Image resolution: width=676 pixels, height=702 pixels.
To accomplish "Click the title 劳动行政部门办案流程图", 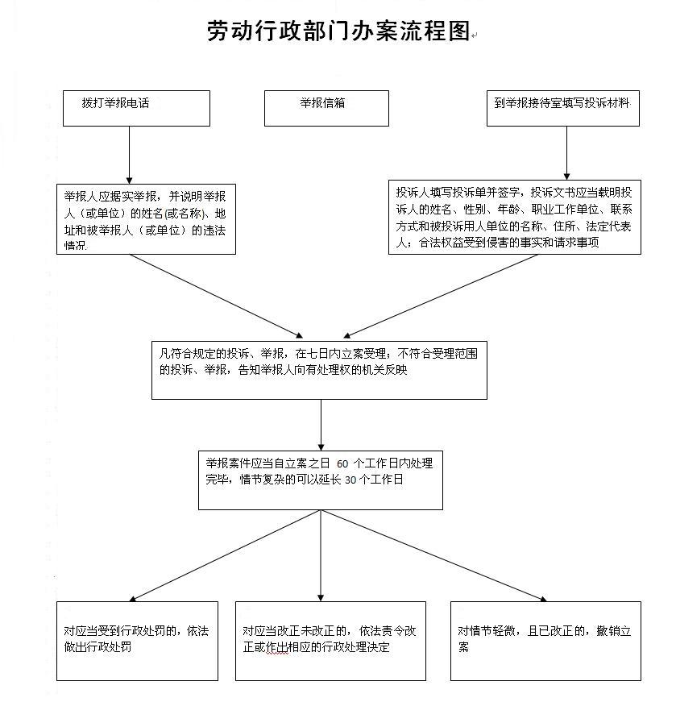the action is (x=338, y=31).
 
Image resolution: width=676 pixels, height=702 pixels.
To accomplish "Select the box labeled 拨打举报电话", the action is (x=136, y=108).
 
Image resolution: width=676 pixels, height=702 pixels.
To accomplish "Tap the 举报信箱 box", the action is (x=326, y=108).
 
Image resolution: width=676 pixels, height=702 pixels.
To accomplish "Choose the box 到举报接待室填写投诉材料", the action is (x=562, y=108).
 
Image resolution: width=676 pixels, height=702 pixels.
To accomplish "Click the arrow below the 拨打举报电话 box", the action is (x=130, y=155).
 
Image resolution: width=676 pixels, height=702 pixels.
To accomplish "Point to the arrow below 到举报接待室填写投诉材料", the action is (x=566, y=153).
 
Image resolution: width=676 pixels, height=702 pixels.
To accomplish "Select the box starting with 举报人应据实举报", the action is (x=146, y=219).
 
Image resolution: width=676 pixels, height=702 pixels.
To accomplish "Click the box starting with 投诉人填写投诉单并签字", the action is (x=514, y=217).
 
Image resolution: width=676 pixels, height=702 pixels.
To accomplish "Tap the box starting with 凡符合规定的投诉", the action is (x=319, y=370).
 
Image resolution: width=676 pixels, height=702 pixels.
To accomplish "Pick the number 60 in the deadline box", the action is (x=342, y=463).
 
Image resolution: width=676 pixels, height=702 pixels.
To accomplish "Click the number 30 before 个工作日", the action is (x=350, y=480).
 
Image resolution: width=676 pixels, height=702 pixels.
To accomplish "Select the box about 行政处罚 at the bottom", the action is (x=137, y=641).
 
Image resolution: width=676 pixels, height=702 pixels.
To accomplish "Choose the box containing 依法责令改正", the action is (x=330, y=641).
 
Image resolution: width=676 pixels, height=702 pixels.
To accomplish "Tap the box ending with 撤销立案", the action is (x=545, y=641).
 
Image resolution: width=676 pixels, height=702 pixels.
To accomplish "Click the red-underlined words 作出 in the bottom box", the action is (x=277, y=647).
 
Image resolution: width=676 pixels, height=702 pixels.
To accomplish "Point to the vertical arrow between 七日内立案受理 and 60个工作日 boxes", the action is (x=321, y=425).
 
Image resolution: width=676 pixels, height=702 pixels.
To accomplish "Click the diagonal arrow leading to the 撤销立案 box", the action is (x=433, y=555).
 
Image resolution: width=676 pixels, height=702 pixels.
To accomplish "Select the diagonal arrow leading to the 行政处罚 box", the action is (x=225, y=555).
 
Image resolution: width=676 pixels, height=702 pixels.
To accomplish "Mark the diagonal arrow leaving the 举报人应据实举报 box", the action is (x=217, y=296).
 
